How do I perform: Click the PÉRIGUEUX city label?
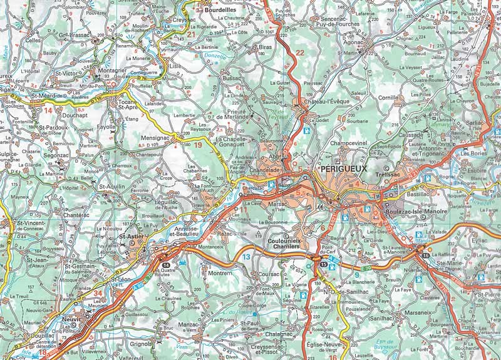tap(344, 169)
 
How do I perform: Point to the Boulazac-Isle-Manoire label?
tap(422, 212)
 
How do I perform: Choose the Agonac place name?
tap(354, 43)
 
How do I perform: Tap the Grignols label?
tap(142, 344)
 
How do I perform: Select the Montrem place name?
tap(220, 273)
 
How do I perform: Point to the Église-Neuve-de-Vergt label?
tap(331, 348)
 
